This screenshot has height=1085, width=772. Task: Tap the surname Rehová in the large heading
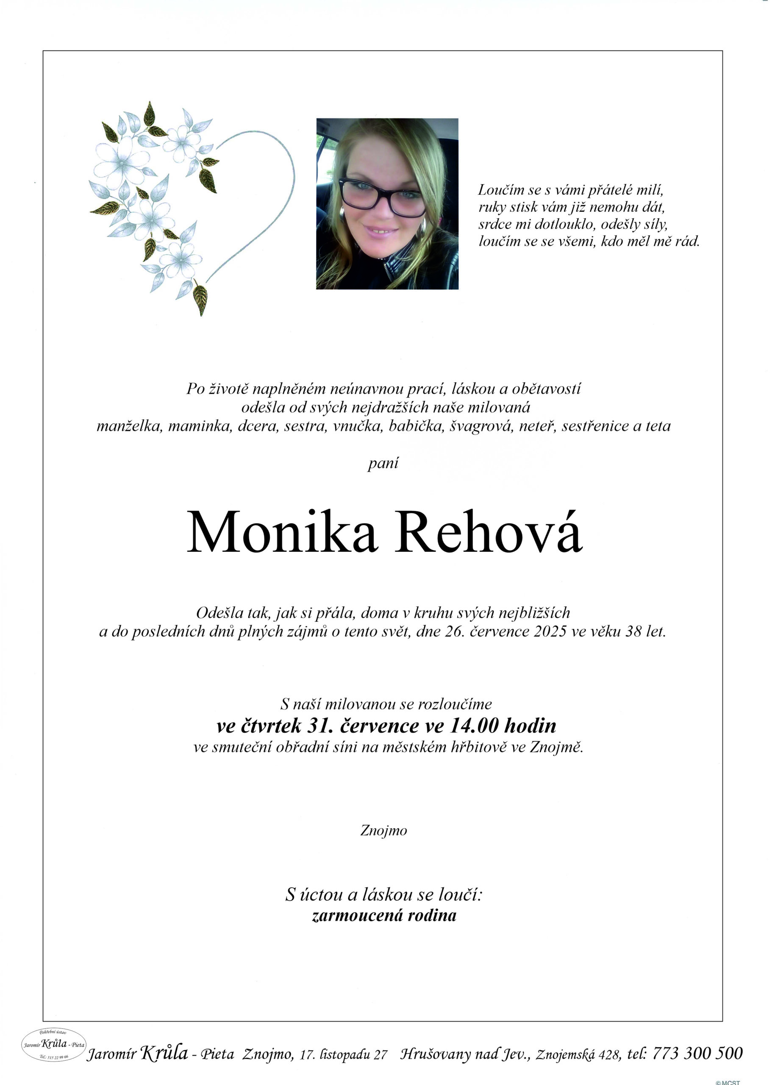(x=490, y=532)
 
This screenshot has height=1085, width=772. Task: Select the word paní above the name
(x=383, y=463)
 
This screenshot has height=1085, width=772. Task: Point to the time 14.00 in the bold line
(x=473, y=726)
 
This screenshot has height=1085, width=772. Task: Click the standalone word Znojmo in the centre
(x=383, y=830)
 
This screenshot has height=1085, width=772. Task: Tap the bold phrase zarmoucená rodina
(x=384, y=915)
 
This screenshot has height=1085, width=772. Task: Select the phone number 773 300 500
(x=697, y=1053)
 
